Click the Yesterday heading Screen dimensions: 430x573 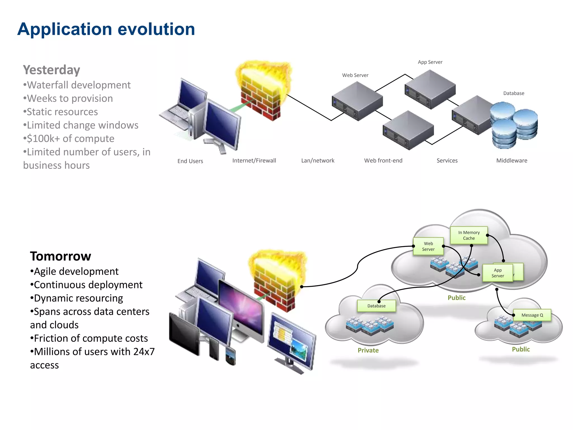(51, 70)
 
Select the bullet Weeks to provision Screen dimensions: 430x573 (70, 99)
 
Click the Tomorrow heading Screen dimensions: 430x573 (60, 256)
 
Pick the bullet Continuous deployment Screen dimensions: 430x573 (88, 285)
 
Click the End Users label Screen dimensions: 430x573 (190, 161)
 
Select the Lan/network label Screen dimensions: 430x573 (318, 160)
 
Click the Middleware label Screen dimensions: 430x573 (511, 160)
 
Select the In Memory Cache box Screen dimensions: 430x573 (469, 235)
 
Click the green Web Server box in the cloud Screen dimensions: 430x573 (428, 246)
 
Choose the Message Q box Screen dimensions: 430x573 (532, 315)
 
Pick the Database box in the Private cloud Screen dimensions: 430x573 (376, 306)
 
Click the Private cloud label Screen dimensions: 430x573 (368, 350)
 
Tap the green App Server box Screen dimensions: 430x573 (497, 273)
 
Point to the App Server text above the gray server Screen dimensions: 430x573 (430, 62)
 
